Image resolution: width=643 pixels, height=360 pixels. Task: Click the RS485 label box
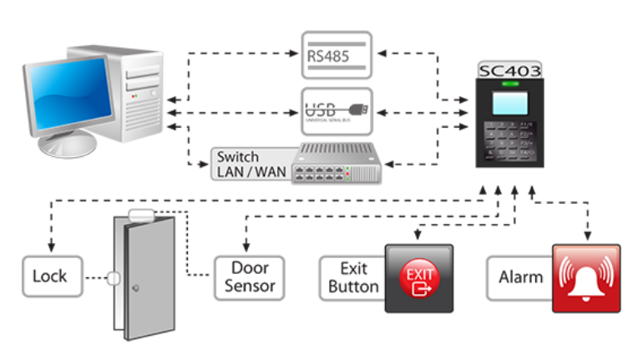[x=336, y=54]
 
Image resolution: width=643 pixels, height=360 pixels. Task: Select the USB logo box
[x=336, y=110]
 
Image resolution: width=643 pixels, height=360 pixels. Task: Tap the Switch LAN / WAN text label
[x=238, y=164]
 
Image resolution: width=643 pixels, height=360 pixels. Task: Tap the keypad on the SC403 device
[x=508, y=140]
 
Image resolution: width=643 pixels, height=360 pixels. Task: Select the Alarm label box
[x=520, y=277]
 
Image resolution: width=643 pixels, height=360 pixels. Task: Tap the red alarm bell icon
[x=586, y=278]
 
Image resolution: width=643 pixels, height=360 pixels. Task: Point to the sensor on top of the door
[x=140, y=215]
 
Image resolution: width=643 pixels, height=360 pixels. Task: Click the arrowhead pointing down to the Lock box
[x=52, y=248]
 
